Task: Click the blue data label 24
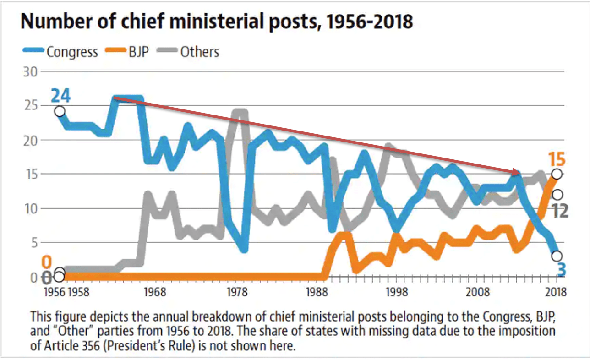pyautogui.click(x=61, y=96)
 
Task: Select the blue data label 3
pyautogui.click(x=560, y=270)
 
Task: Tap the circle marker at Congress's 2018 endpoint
pyautogui.click(x=557, y=256)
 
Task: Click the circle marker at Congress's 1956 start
pyautogui.click(x=60, y=111)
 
